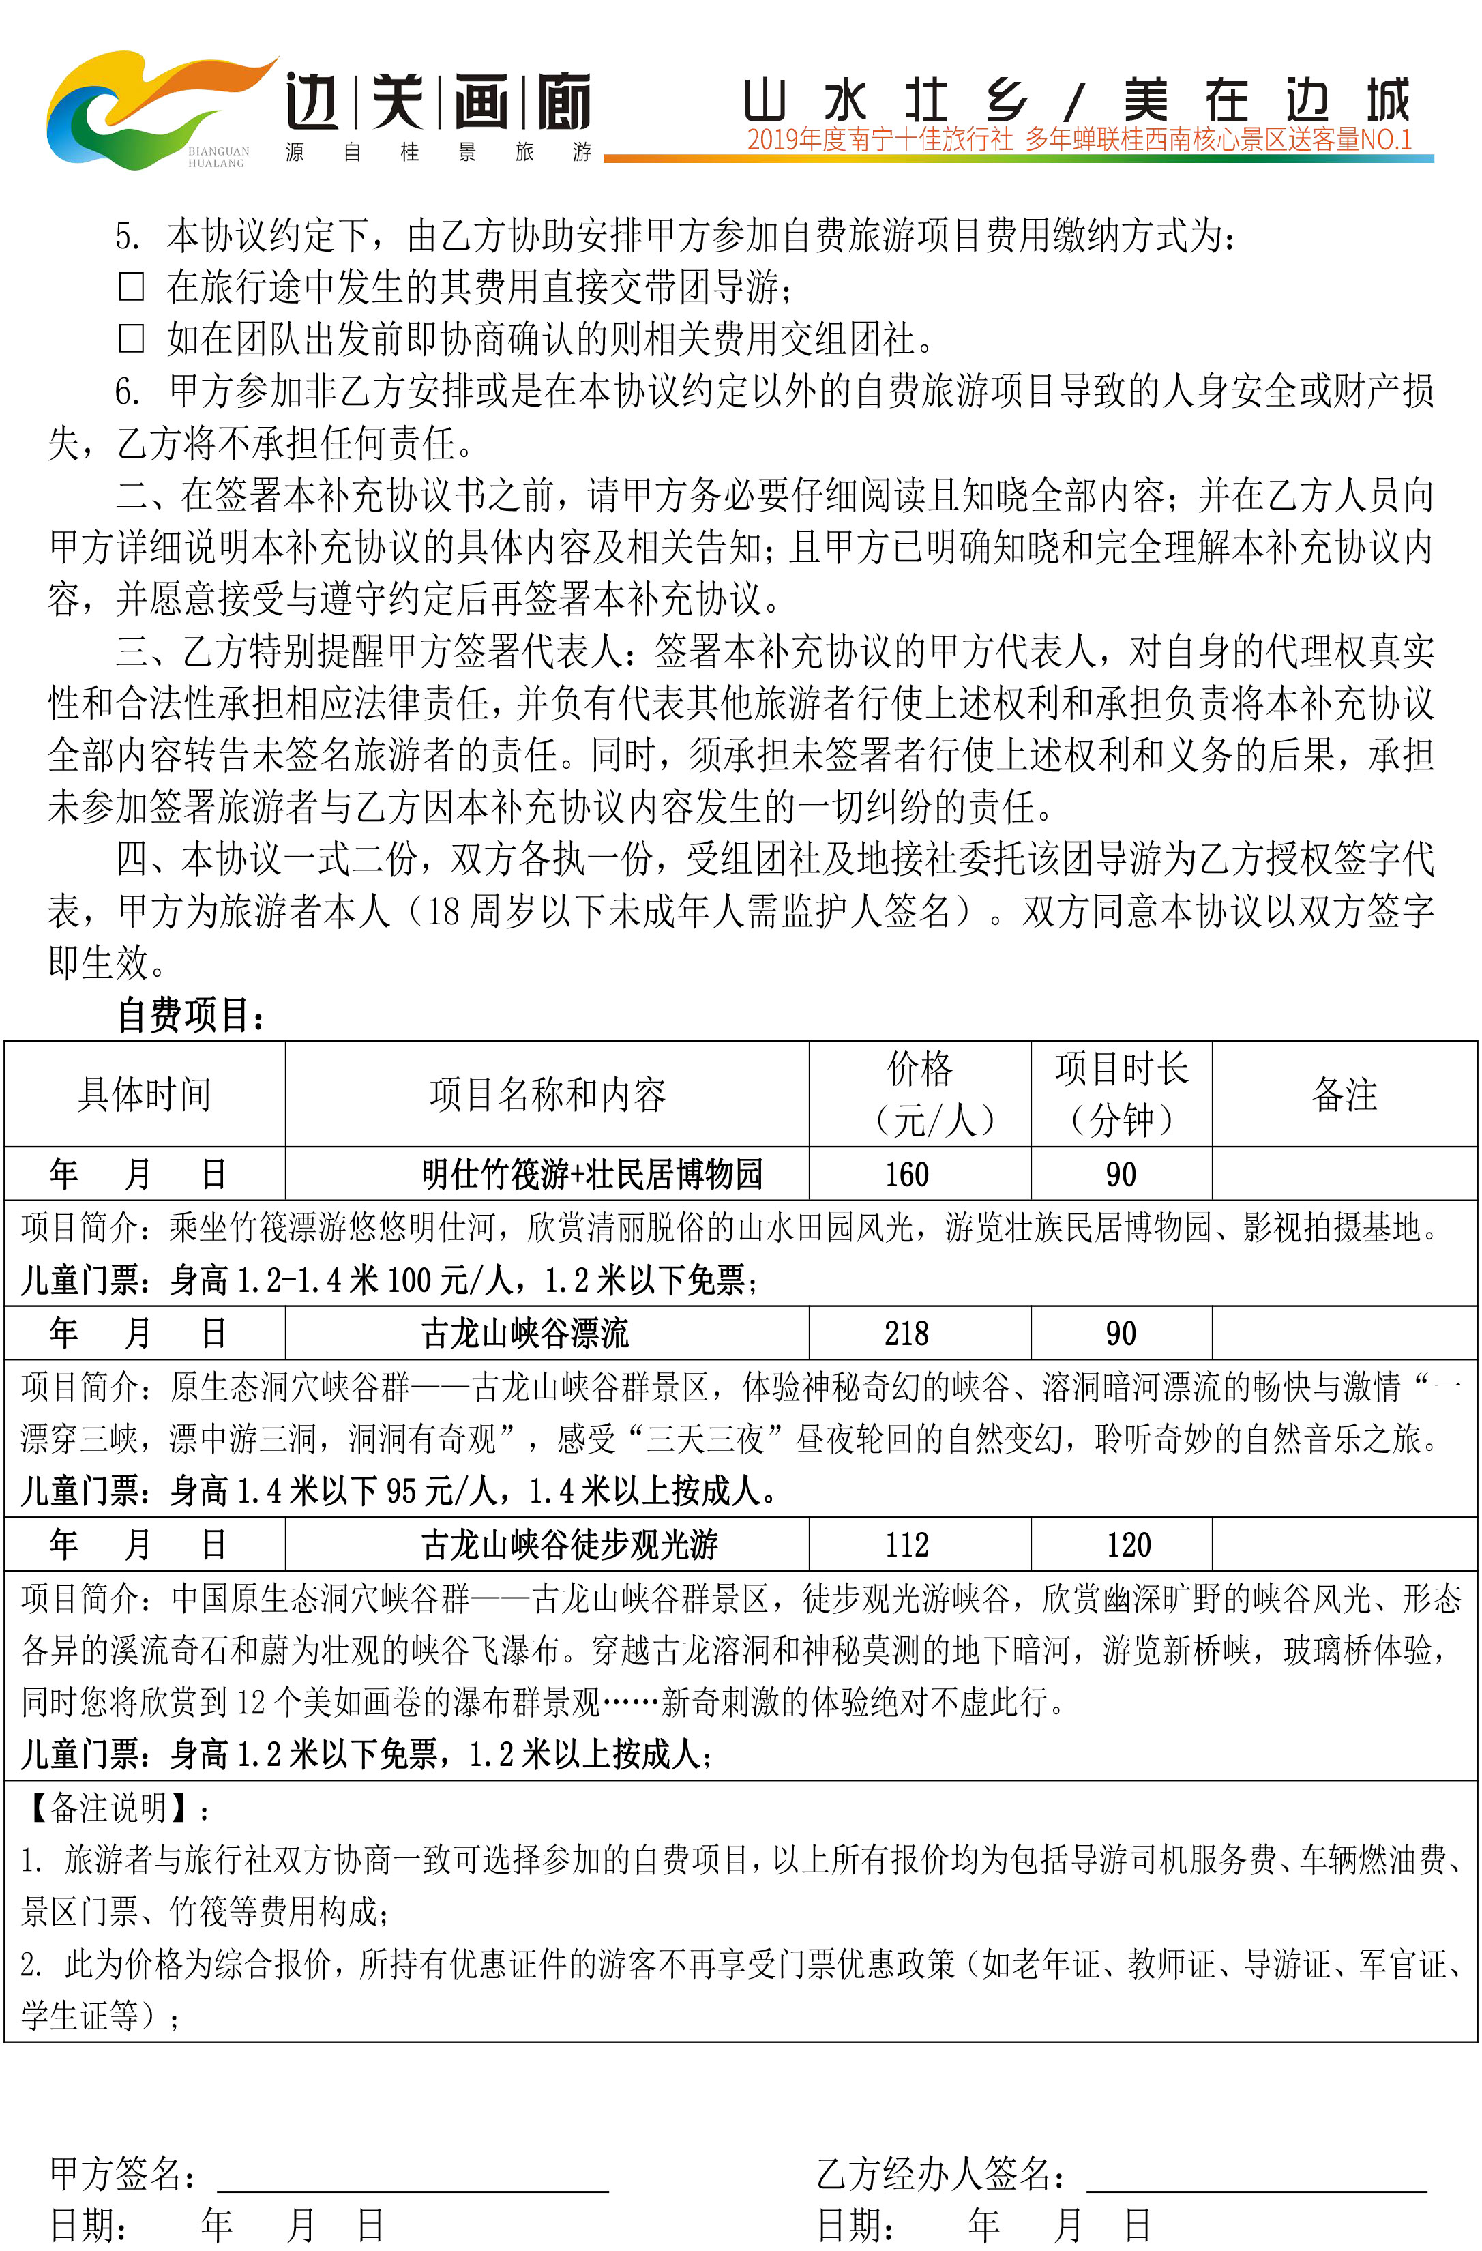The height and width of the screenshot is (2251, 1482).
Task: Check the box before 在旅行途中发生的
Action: pos(132,286)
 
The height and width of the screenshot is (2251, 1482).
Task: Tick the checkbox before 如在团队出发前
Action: pos(132,338)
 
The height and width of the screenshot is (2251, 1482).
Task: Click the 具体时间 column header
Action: pos(145,1094)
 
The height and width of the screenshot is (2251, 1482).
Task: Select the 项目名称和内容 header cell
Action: pos(547,1094)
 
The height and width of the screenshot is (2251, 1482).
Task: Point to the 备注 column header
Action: pos(1344,1094)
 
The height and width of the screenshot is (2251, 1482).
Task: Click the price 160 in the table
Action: pos(907,1175)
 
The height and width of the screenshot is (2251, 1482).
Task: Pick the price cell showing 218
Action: pos(907,1334)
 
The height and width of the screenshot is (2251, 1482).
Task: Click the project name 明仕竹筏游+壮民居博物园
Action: pos(592,1175)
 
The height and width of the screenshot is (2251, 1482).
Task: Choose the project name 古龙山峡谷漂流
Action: pos(525,1334)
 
